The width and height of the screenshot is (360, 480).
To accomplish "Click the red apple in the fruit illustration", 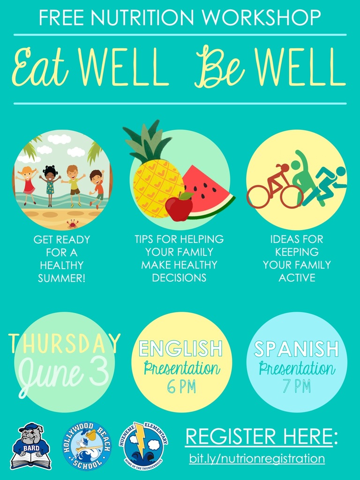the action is (x=180, y=207).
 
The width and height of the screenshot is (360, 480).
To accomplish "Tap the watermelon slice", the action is (x=208, y=193).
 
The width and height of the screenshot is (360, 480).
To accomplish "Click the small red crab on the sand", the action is (x=73, y=224).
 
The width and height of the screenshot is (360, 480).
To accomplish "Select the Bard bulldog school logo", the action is (x=30, y=446).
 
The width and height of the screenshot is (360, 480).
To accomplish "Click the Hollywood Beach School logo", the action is (x=87, y=446).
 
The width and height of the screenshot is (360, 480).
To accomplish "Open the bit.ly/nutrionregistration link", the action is (x=257, y=458).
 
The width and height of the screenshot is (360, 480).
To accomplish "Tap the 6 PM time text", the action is (x=181, y=387).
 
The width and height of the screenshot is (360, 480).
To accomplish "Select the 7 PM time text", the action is (x=297, y=386).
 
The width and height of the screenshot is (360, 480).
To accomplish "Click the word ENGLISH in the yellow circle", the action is (x=180, y=348).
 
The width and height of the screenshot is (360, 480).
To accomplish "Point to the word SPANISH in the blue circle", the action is (x=296, y=348).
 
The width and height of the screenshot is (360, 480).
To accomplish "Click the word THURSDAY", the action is (x=65, y=343).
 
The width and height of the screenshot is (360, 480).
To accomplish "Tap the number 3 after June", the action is (x=99, y=372).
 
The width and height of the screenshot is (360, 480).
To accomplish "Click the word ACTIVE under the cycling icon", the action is (x=297, y=277).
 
